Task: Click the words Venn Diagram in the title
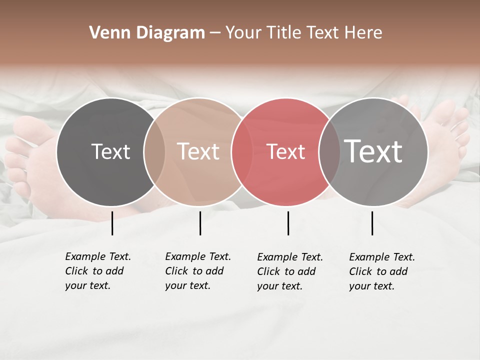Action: (147, 33)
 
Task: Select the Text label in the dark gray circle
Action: (110, 151)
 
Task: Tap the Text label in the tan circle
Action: (198, 151)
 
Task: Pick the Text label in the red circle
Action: (285, 151)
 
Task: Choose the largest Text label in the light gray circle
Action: (373, 151)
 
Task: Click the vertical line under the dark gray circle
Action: (112, 223)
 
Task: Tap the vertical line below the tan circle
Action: (200, 223)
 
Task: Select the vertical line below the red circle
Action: (288, 223)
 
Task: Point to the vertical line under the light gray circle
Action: (372, 223)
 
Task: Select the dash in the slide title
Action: (214, 33)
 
